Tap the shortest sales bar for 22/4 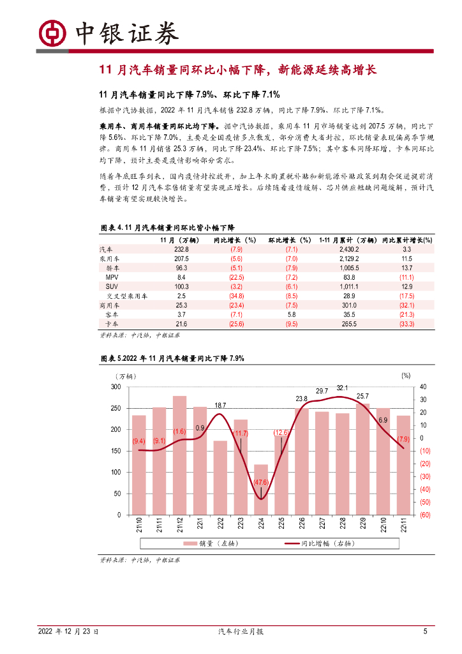[x=261, y=489]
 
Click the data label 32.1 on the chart [x=342, y=388]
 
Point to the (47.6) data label [x=260, y=482]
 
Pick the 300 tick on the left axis [x=115, y=387]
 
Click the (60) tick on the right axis [x=424, y=515]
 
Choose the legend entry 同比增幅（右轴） [x=319, y=544]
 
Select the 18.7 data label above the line [x=220, y=406]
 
